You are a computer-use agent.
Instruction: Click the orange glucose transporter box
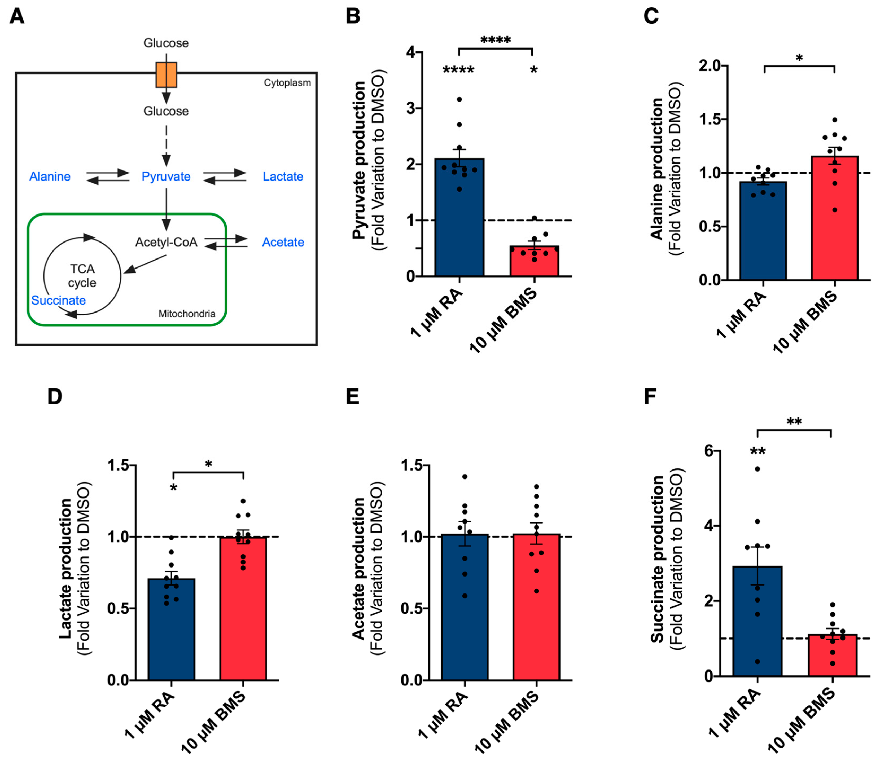[x=166, y=75]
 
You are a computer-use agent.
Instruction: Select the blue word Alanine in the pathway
[x=50, y=176]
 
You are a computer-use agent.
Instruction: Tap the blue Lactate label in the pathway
[x=283, y=176]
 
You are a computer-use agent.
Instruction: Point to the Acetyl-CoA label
[x=166, y=242]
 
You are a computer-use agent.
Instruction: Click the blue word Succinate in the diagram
[x=59, y=300]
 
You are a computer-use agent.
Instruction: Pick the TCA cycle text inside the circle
[x=82, y=276]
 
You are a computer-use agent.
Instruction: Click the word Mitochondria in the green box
[x=187, y=314]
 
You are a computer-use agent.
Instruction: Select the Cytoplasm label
[x=287, y=83]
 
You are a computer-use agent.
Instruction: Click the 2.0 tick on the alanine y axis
[x=709, y=66]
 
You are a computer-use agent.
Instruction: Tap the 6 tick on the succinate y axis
[x=709, y=451]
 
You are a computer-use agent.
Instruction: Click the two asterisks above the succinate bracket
[x=794, y=422]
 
